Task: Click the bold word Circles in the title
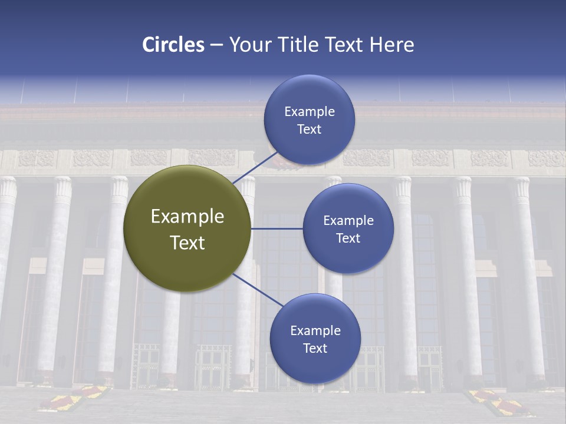173,45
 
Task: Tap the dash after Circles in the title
216,45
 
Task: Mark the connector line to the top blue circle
255,168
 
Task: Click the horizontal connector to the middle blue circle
277,228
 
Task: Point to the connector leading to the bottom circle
258,290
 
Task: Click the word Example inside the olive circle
187,217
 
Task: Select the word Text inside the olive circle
187,243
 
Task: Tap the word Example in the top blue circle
310,112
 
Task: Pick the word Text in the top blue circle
310,130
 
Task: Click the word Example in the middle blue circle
348,221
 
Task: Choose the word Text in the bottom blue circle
315,349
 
